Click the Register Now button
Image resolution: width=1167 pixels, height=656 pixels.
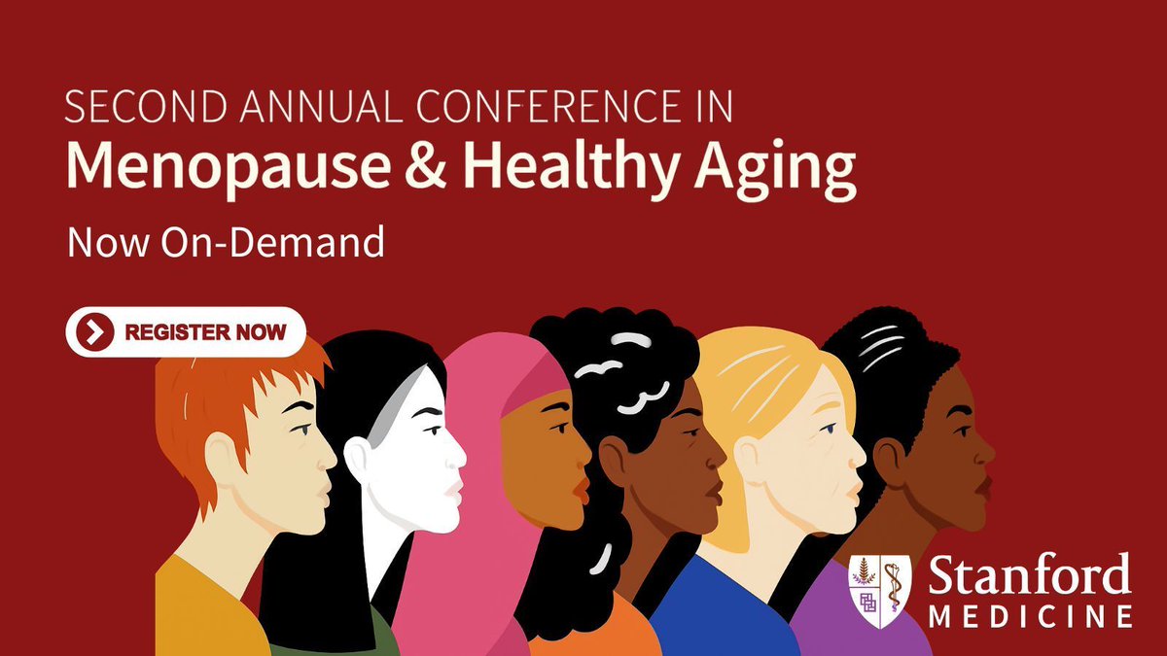pos(186,332)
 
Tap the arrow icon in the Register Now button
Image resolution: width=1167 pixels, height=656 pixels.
pos(93,332)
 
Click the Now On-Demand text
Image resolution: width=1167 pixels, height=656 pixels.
pos(226,242)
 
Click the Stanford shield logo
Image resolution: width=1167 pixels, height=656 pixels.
pos(879,591)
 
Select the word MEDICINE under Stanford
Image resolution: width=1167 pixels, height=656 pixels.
pos(1029,616)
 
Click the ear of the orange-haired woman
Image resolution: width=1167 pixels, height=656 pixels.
pos(223,454)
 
